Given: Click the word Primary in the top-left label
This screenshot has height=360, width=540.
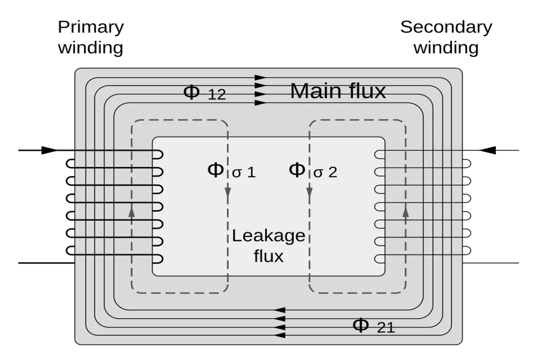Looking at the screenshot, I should click(x=90, y=27).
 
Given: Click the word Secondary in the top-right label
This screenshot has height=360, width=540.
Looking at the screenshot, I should click(x=446, y=27).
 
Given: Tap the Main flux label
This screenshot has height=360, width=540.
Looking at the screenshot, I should click(x=338, y=91).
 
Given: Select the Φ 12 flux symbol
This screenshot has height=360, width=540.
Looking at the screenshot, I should click(x=204, y=92).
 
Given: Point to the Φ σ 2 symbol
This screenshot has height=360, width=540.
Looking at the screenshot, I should click(x=313, y=170).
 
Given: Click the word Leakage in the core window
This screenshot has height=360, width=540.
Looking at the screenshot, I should click(x=268, y=235).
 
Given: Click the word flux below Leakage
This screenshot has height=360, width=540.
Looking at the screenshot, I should click(x=268, y=256).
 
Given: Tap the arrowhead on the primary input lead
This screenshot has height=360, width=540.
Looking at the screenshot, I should click(x=49, y=150).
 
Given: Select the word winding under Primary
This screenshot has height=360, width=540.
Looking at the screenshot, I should click(x=90, y=48).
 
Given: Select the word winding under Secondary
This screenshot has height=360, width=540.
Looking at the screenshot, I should click(x=446, y=48).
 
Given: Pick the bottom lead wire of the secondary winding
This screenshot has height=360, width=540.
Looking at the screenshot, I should click(x=492, y=262).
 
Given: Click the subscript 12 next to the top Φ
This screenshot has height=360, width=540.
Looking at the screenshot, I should click(x=216, y=95).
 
